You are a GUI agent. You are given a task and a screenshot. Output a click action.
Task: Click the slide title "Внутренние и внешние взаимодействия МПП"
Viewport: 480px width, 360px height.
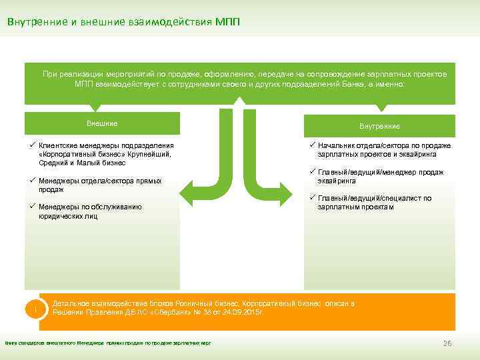pyautogui.click(x=124, y=21)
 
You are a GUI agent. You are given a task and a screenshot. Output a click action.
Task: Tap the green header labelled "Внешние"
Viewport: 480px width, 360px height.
pyautogui.click(x=102, y=123)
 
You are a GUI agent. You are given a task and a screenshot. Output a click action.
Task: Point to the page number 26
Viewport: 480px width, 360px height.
pyautogui.click(x=447, y=343)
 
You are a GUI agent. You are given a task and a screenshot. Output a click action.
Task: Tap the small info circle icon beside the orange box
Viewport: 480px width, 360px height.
pyautogui.click(x=34, y=310)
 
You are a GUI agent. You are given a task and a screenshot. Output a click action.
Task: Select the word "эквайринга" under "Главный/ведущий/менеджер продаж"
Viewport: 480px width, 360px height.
pyautogui.click(x=337, y=181)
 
